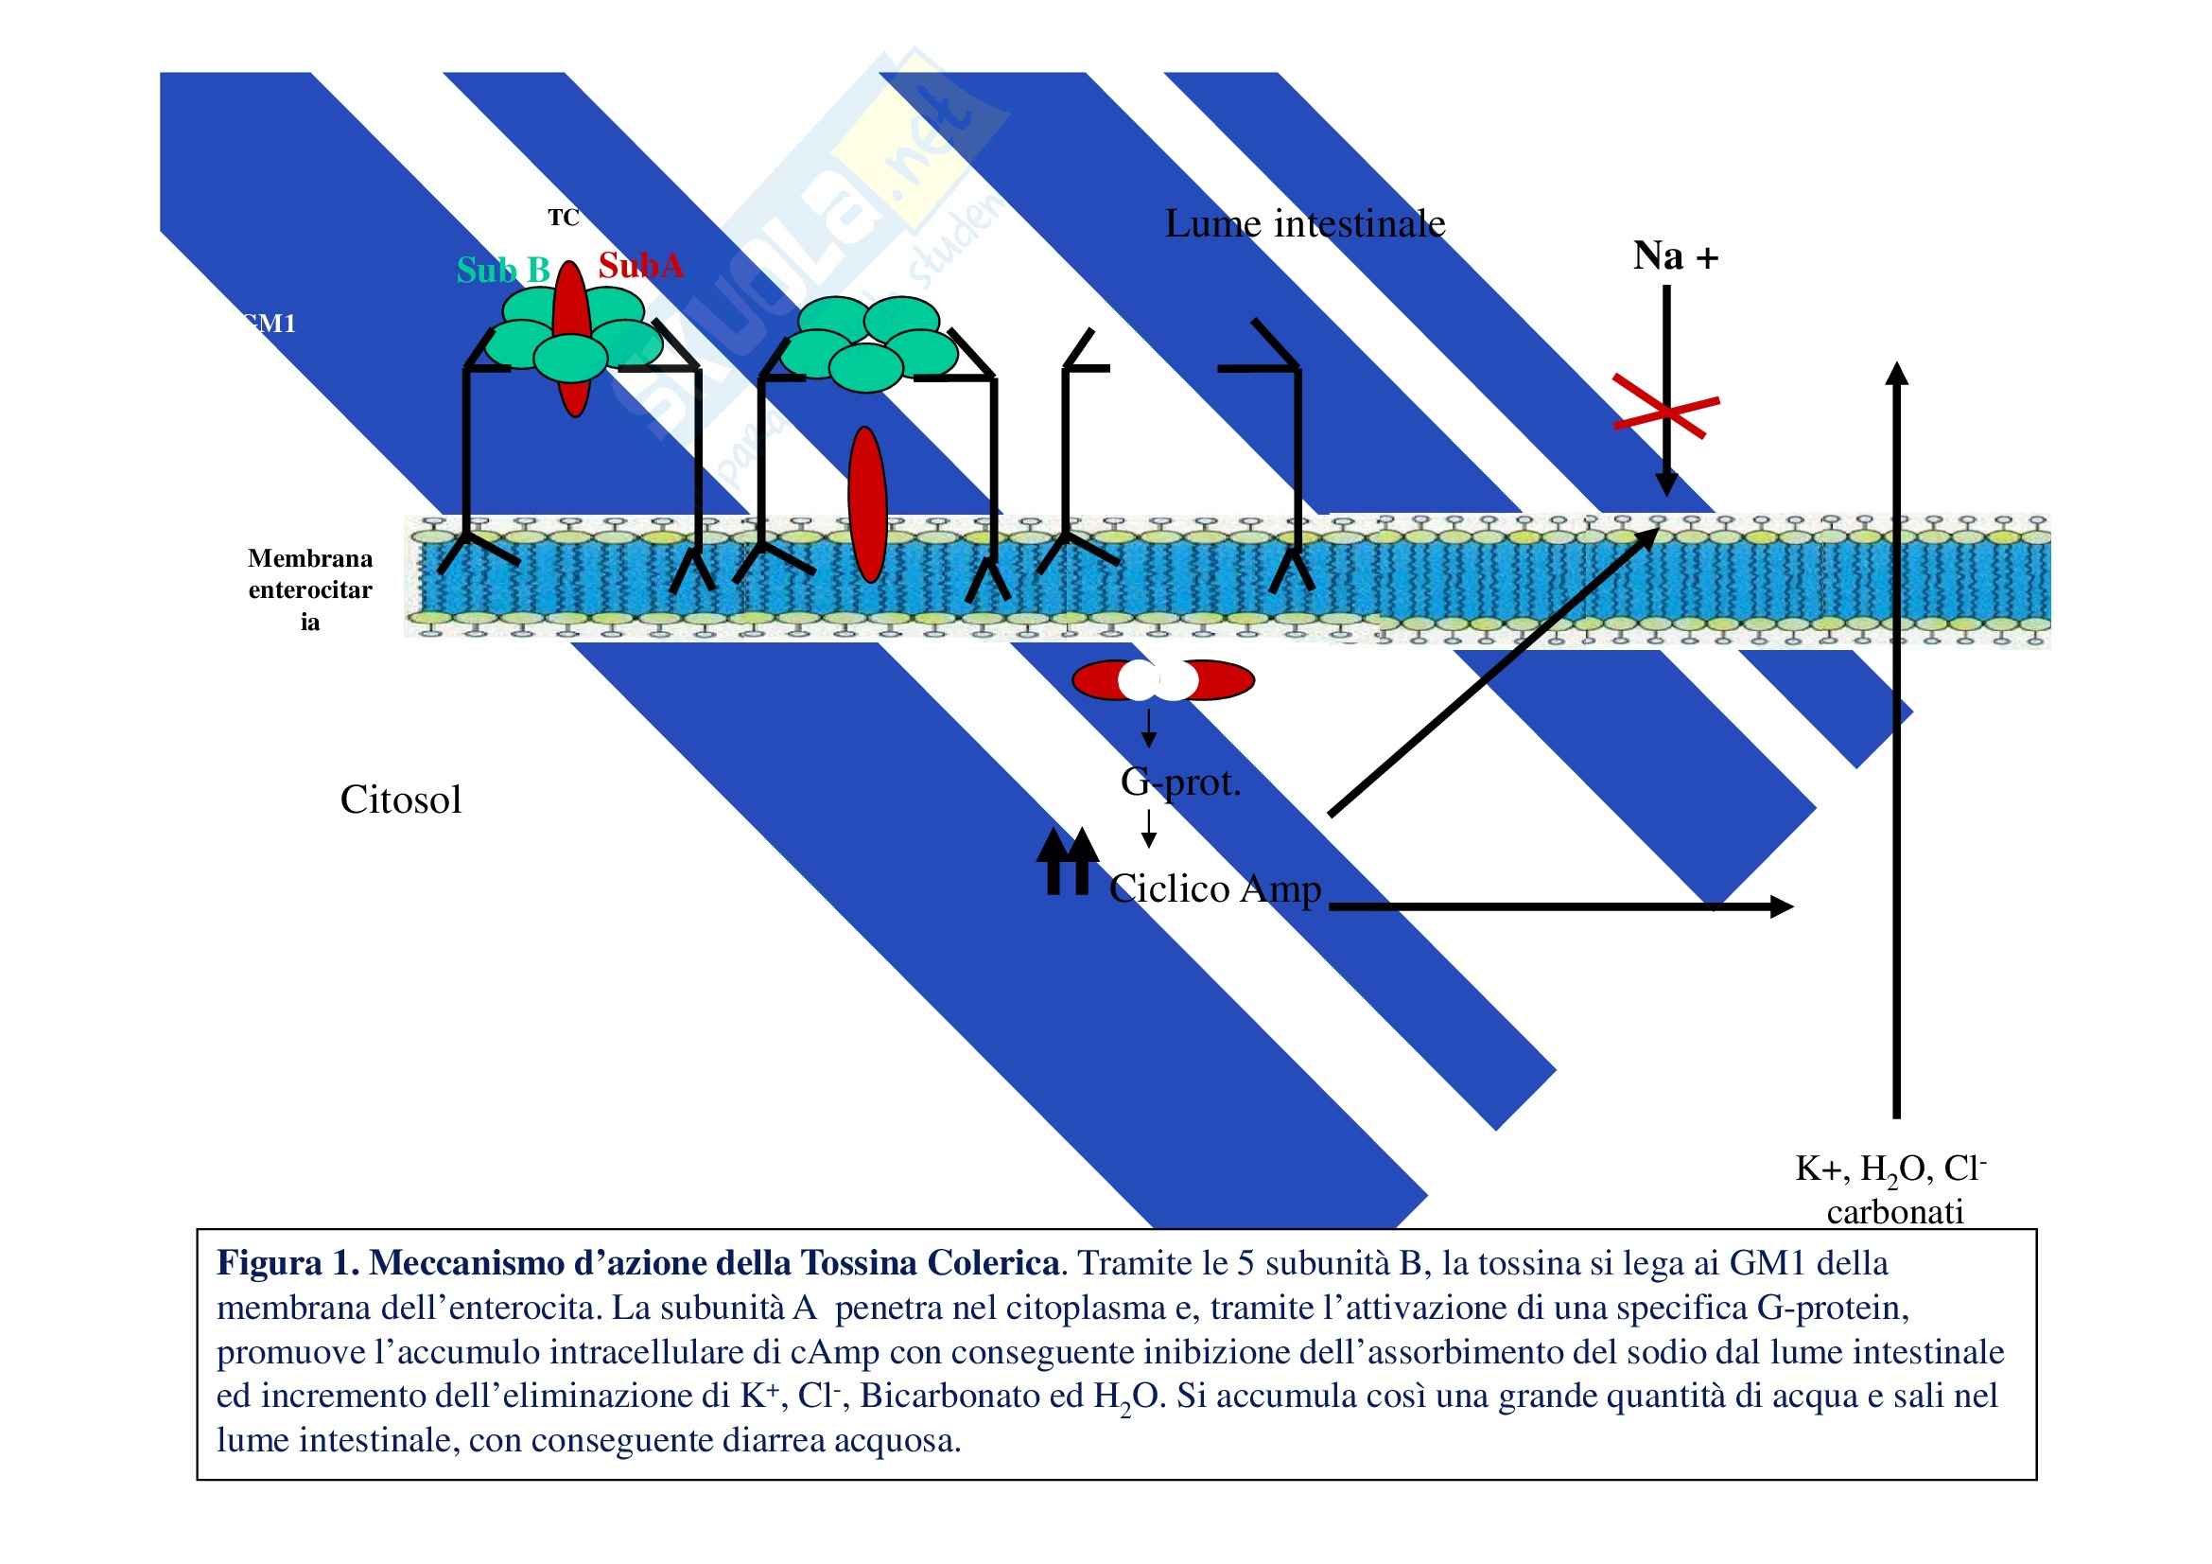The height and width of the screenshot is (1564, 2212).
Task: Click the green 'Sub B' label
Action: point(503,270)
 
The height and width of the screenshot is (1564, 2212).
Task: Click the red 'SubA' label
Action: point(640,265)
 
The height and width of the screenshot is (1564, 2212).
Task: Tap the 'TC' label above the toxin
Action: point(564,218)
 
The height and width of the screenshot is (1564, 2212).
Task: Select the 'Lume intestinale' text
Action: point(1304,224)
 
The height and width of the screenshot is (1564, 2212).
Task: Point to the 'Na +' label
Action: point(1676,256)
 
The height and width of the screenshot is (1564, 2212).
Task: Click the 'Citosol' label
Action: point(401,800)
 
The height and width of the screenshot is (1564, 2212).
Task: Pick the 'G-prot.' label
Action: point(1180,782)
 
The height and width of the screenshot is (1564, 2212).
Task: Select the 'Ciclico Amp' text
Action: point(1215,888)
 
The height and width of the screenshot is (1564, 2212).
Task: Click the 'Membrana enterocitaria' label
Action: point(309,589)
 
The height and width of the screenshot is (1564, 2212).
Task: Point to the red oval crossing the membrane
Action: point(867,505)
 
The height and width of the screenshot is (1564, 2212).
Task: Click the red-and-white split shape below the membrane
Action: point(1163,680)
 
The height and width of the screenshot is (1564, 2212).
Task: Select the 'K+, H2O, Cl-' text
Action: point(1890,1169)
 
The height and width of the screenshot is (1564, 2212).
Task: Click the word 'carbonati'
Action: point(1894,1212)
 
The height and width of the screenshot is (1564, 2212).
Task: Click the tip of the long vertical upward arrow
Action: point(1896,371)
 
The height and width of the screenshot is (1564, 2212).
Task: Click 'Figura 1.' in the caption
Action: point(288,1263)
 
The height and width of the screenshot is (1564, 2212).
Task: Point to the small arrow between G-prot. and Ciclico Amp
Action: point(1148,829)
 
